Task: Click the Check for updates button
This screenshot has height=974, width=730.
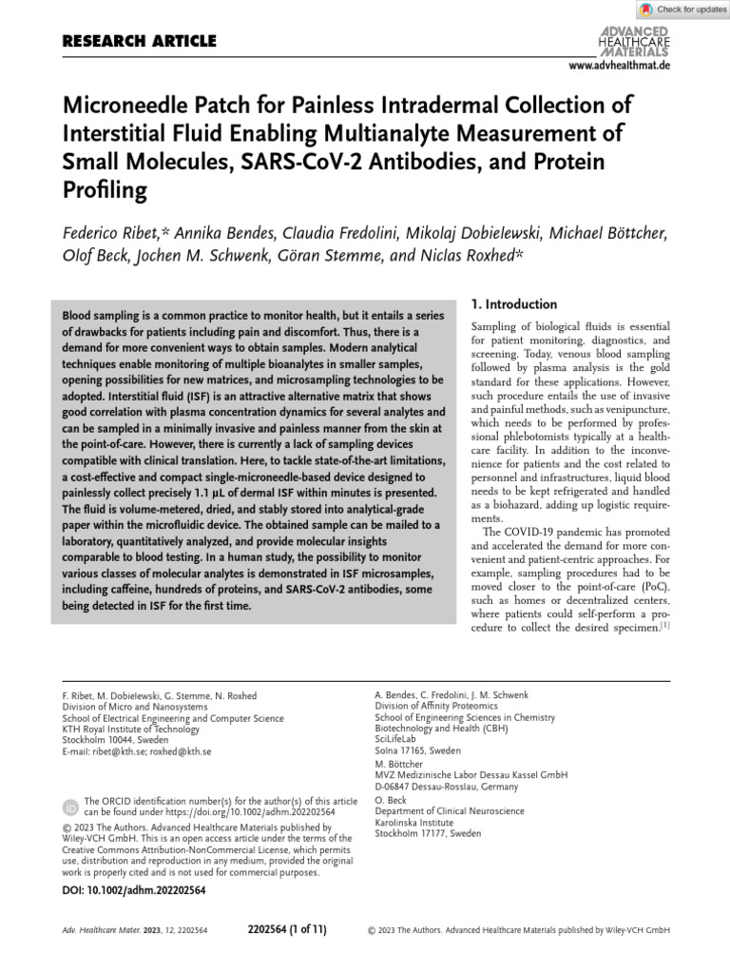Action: click(x=682, y=10)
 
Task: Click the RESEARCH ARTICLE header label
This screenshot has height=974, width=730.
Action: click(x=139, y=41)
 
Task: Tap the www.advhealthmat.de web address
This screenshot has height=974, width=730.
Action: click(x=619, y=66)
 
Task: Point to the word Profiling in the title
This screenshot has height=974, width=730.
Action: click(x=105, y=191)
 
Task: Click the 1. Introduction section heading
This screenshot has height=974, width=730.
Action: click(x=514, y=304)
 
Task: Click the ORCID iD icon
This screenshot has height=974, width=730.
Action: click(x=70, y=808)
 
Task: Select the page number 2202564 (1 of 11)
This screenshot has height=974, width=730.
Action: click(x=286, y=929)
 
